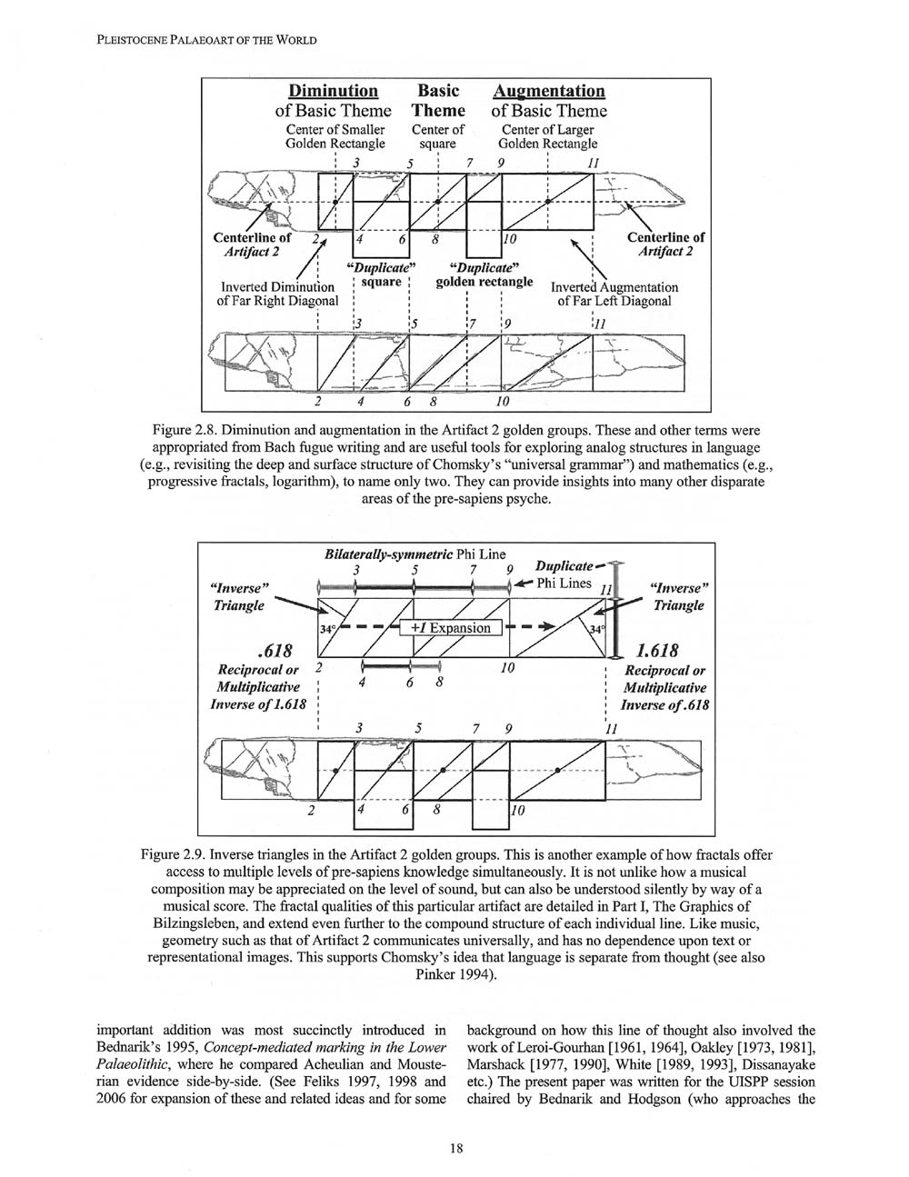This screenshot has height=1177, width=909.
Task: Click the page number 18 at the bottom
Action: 455,1148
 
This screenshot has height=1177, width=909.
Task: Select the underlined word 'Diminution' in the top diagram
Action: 333,91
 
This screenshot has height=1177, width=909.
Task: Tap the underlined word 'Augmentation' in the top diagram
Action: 548,91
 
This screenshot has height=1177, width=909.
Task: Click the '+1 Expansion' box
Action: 450,627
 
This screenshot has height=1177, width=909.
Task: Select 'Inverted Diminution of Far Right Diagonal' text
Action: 277,294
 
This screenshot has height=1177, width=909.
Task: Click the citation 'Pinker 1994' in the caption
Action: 451,975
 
